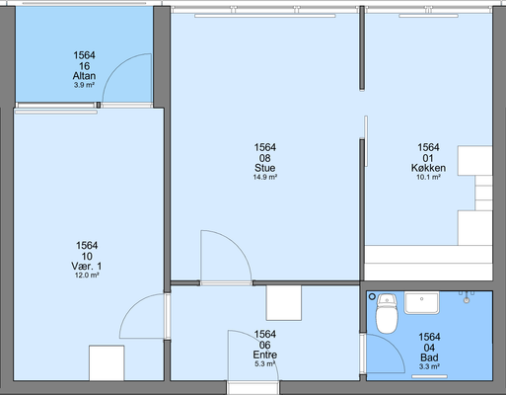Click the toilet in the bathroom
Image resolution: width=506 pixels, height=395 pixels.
tap(387, 313)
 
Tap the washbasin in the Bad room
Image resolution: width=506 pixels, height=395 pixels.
tap(421, 303)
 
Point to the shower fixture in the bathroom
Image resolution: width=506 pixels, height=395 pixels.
tap(467, 296)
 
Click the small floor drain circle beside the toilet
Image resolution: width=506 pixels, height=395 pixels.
tap(372, 296)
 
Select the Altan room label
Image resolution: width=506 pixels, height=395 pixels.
tap(84, 76)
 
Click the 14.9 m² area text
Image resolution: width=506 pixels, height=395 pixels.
tap(264, 177)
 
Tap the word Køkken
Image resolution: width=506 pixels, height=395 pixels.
tap(428, 168)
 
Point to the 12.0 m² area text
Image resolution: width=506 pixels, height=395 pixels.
tap(87, 276)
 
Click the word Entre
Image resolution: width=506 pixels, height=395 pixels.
tap(264, 355)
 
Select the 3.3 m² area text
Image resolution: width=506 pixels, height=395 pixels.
tap(429, 366)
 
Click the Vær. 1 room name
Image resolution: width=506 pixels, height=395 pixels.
tap(87, 266)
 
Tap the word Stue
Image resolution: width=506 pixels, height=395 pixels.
tap(264, 168)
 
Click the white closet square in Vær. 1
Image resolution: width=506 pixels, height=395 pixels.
tap(107, 362)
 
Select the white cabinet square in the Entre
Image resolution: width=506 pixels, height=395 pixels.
tap(284, 303)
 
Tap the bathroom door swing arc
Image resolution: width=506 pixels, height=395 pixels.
tap(394, 344)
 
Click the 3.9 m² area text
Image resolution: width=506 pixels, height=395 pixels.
tap(84, 85)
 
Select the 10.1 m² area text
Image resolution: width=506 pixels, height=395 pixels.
tap(428, 177)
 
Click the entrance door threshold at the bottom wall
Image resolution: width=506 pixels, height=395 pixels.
tap(253, 388)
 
